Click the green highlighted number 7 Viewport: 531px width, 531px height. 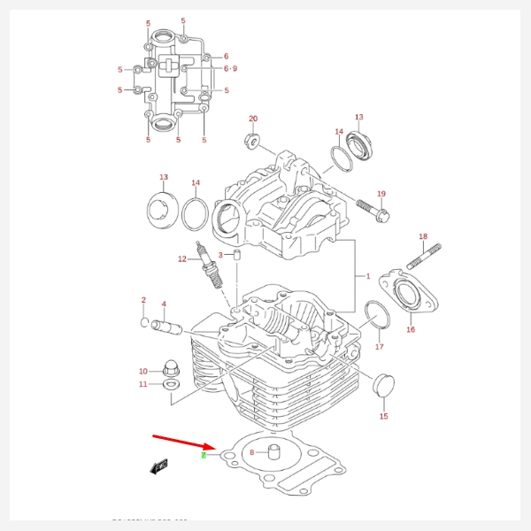click(x=204, y=455)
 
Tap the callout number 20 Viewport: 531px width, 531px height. click(x=253, y=119)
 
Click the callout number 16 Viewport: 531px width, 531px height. click(x=411, y=330)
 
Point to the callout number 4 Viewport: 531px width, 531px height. click(x=164, y=304)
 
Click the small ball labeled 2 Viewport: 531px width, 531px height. click(x=144, y=322)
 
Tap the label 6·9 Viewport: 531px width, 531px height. click(x=230, y=68)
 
